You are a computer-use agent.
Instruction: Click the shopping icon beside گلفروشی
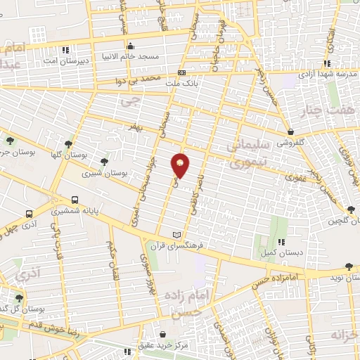tap(290, 131)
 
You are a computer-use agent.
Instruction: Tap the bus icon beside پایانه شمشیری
tap(75, 200)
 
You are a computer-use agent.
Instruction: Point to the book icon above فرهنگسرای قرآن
tap(176, 234)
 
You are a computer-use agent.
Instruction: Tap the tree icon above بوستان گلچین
tap(351, 208)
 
